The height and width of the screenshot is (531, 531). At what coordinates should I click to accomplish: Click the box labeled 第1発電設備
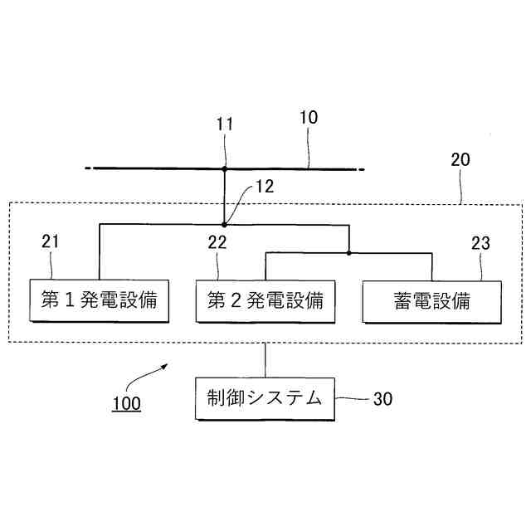point(100,300)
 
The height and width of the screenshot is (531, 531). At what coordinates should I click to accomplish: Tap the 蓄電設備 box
point(431,300)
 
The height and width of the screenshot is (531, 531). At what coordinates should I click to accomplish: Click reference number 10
point(308,118)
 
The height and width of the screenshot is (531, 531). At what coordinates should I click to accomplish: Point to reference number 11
point(225,124)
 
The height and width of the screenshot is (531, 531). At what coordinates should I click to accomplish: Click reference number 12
point(264,187)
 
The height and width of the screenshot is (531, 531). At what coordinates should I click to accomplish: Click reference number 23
point(480,243)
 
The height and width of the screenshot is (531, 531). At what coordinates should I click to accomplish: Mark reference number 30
point(382,399)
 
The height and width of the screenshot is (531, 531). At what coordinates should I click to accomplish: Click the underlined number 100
point(127,405)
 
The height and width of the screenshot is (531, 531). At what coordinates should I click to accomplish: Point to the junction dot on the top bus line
point(224,168)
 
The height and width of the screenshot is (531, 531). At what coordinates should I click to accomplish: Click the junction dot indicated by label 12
point(224,224)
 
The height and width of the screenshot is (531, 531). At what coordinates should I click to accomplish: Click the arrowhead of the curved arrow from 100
point(168,364)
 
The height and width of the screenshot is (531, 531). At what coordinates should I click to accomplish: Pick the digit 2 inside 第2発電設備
point(236,300)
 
